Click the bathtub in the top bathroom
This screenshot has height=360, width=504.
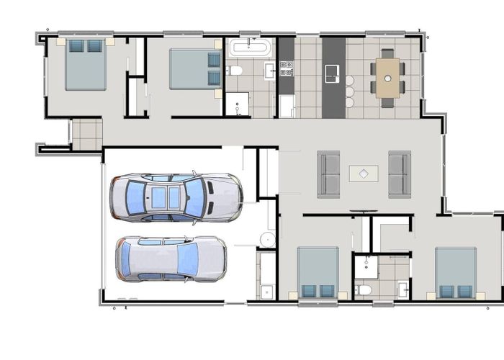point(250,49)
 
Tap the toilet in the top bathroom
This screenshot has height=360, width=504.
point(235,71)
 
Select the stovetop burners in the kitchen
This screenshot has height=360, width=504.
point(286,68)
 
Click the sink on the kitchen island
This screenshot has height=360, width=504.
point(333,73)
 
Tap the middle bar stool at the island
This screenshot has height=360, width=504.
point(350,91)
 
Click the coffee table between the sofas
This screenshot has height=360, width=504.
point(364,174)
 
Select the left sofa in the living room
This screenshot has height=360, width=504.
point(329,174)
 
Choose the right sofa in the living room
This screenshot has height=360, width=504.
point(399,174)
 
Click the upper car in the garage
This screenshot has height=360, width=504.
point(175,197)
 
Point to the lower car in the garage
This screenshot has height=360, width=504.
point(171,258)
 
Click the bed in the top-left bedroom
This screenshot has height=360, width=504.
point(86,64)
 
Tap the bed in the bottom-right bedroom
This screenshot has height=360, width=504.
point(455,272)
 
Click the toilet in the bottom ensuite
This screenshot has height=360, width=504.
point(364,289)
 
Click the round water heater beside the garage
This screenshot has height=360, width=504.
point(267,239)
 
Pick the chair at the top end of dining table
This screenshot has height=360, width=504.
point(387,53)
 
